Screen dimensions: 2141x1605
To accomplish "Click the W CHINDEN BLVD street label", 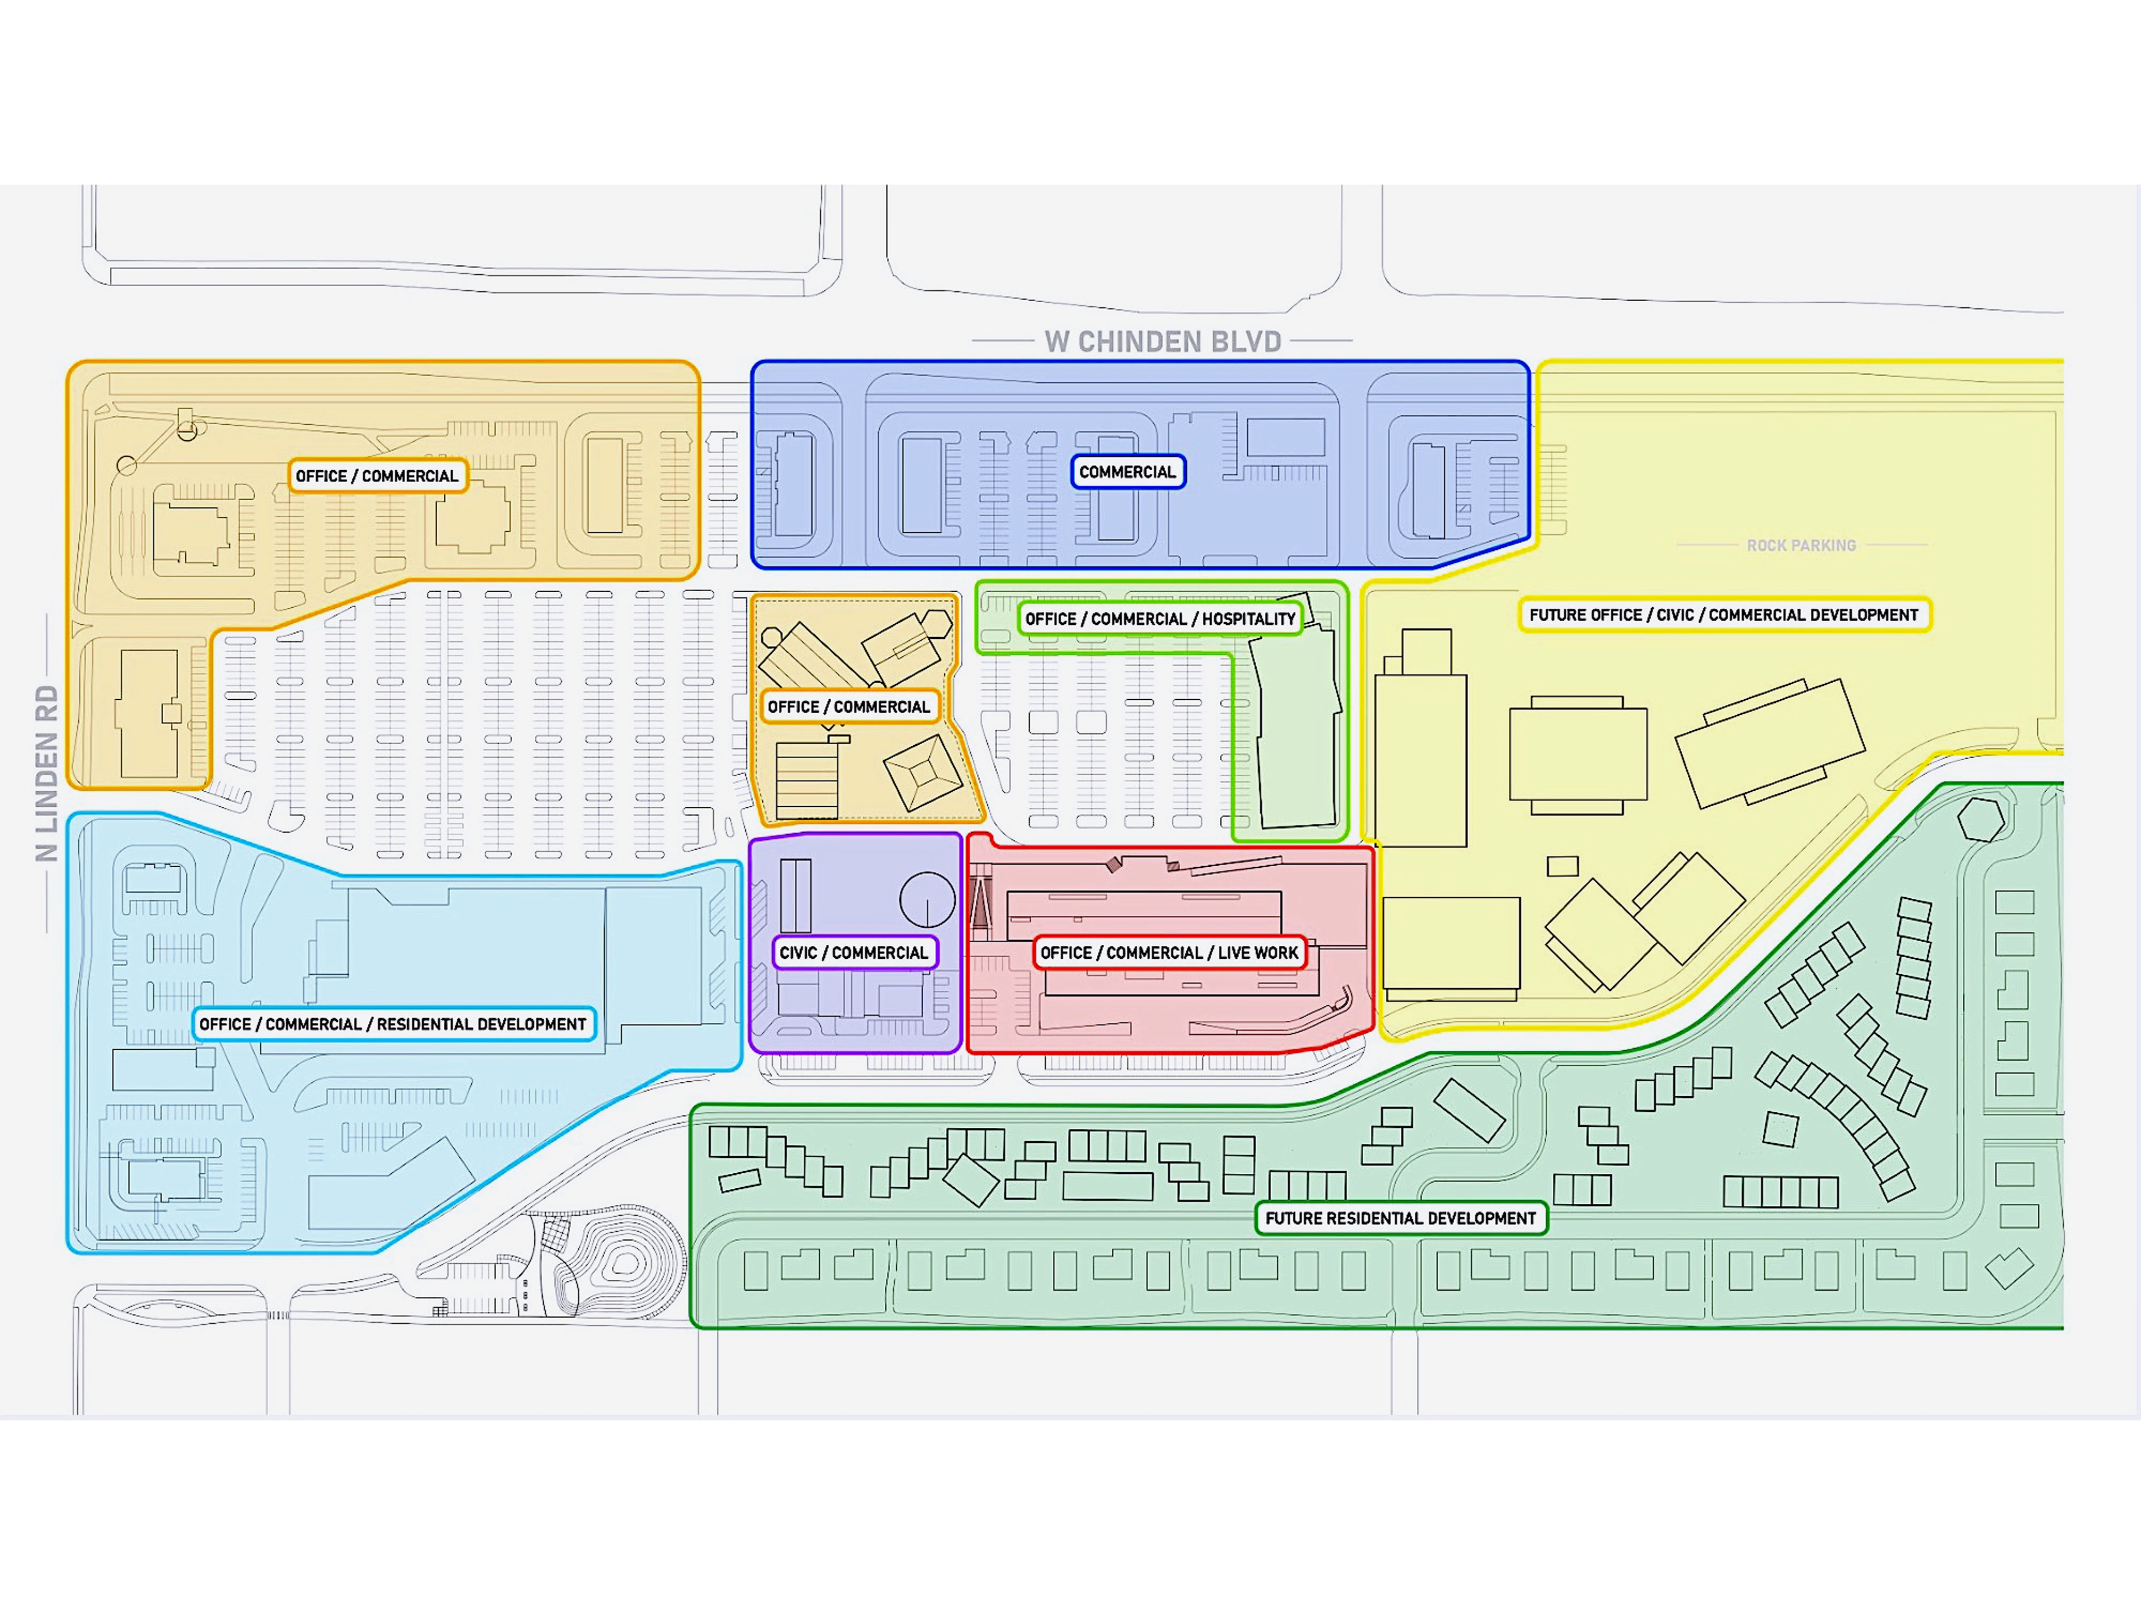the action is tap(1163, 341).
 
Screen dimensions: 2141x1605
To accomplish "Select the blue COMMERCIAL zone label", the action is tap(1128, 472).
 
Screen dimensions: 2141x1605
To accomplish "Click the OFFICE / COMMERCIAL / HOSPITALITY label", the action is tap(1159, 619).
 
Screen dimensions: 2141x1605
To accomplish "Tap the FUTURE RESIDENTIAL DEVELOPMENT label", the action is tap(1401, 1219).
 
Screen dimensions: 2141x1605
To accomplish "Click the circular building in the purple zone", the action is tap(927, 899).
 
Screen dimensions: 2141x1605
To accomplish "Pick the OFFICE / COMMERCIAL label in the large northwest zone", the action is tap(376, 476).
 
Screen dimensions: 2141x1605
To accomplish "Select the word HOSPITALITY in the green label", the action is tap(1249, 619).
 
